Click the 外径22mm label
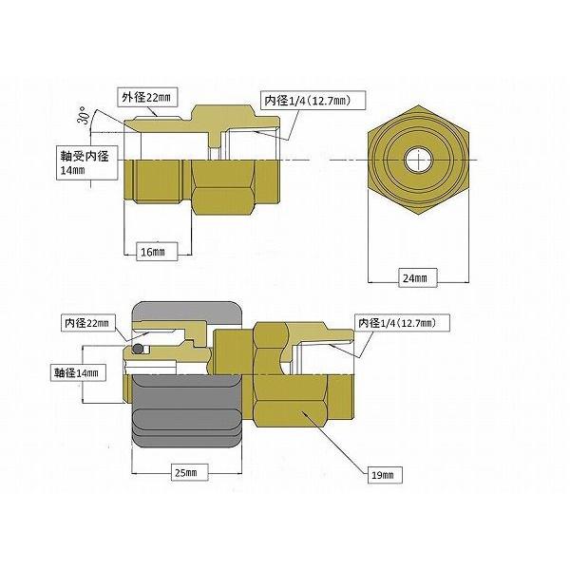[x=147, y=98]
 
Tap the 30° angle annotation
[x=84, y=116]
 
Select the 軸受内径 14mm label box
[x=86, y=162]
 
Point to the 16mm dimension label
[x=157, y=252]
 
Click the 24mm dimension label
[x=418, y=278]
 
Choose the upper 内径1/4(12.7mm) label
[x=313, y=100]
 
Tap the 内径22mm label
[x=86, y=323]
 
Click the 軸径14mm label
[x=78, y=372]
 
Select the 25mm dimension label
[x=190, y=472]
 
